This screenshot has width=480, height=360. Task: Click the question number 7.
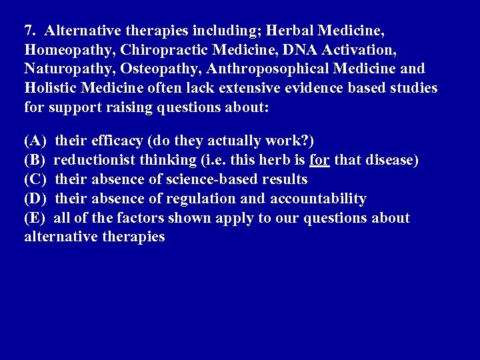[29, 31]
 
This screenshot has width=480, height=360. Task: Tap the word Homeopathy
[69, 50]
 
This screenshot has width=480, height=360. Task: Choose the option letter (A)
[35, 141]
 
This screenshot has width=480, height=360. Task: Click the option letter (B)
[35, 161]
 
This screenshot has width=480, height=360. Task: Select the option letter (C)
[35, 179]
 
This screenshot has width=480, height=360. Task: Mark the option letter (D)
[35, 199]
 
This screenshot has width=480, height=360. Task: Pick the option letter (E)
[35, 218]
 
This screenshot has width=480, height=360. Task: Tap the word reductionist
[92, 161]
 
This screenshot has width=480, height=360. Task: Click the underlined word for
[320, 161]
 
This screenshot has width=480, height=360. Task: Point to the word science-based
[212, 179]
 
